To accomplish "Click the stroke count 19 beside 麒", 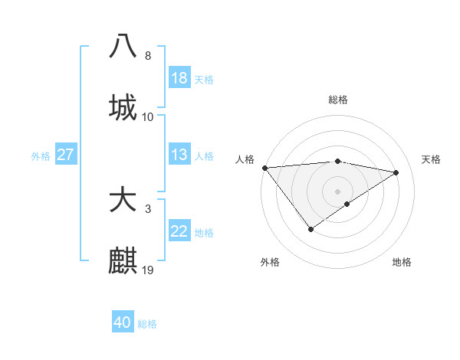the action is tap(148, 270).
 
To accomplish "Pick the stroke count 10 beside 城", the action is tap(148, 116).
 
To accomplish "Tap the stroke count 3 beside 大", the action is tap(148, 208).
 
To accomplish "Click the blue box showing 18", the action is tap(179, 78).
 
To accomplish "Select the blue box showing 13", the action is tap(179, 155).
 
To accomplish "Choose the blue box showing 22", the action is tap(179, 231).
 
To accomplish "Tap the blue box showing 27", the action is tap(65, 155).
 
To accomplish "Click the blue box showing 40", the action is tap(123, 322).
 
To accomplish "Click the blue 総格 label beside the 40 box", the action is tap(147, 324).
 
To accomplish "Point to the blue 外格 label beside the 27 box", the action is tap(41, 156).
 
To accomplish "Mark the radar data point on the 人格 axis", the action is tap(264, 168).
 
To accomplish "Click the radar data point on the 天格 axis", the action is tap(396, 172).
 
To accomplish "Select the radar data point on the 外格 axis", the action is tap(310, 229).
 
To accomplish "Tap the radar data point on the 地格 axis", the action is tap(347, 204).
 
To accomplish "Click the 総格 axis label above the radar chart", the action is tap(337, 100).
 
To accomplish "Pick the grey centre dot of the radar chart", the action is tap(337, 191).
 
